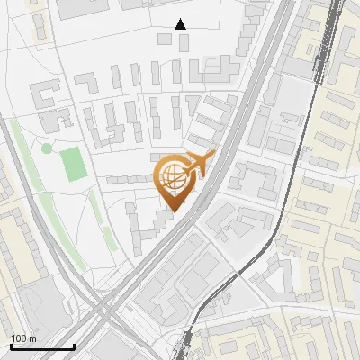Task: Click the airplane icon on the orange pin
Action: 200,165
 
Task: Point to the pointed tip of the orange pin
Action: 172,211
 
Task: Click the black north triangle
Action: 181,23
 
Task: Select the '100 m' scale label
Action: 23,338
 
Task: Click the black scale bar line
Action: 42,346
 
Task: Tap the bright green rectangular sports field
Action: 74,163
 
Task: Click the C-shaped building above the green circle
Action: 46,94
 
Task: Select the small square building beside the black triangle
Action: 162,40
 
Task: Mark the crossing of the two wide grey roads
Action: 103,310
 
